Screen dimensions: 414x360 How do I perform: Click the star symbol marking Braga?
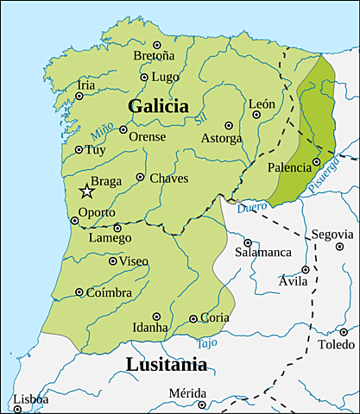click(85, 191)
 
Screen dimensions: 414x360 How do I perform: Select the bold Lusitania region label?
click(167, 364)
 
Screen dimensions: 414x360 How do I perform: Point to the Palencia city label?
click(288, 167)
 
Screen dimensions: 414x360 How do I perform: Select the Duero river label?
click(252, 208)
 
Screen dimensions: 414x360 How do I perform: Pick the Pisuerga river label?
click(331, 181)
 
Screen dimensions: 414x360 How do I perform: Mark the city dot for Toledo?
click(344, 331)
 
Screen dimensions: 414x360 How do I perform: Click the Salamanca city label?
click(265, 252)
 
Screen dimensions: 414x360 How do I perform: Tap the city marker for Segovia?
click(338, 247)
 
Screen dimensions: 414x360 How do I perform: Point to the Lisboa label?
click(30, 399)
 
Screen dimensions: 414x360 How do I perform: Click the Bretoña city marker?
click(156, 45)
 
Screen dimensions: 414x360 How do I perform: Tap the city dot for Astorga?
click(228, 125)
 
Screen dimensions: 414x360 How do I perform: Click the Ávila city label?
click(293, 281)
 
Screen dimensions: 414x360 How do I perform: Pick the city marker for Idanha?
click(156, 317)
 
